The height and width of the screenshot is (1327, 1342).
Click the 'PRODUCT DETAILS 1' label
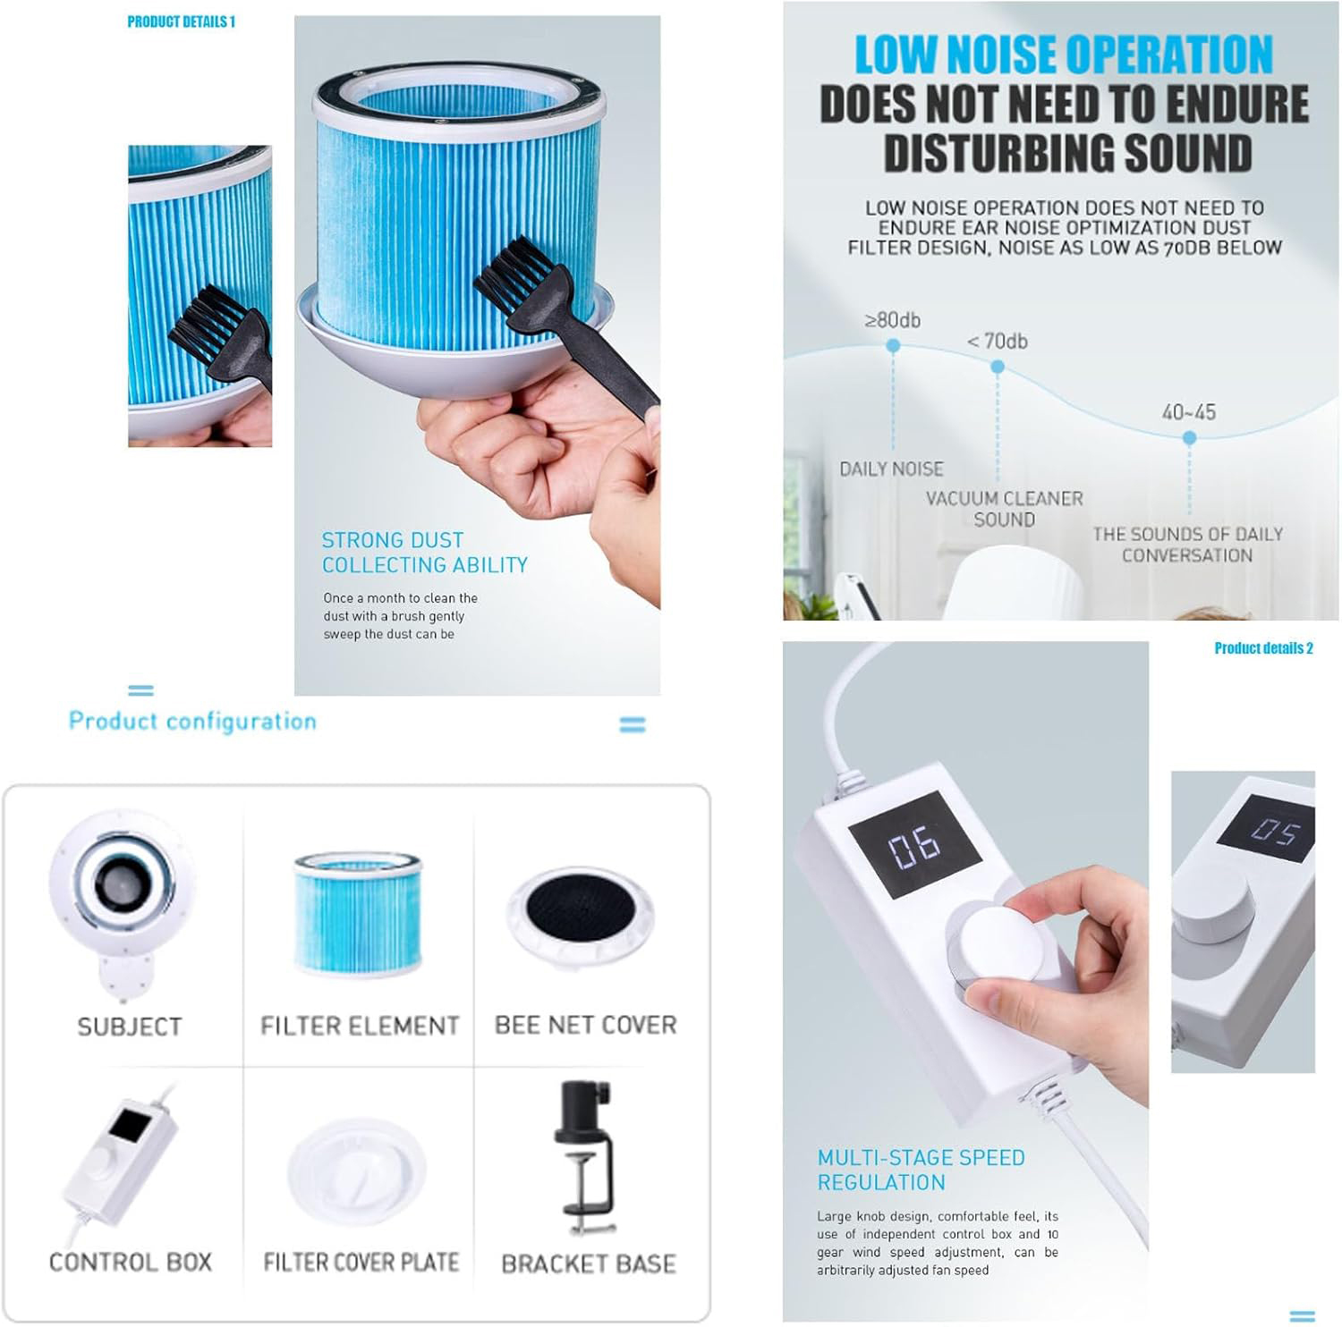tap(181, 21)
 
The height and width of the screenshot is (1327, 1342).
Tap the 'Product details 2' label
tap(1263, 648)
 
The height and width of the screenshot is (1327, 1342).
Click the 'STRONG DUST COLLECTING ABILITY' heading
tap(425, 553)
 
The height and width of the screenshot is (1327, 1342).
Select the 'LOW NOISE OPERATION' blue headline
tap(1064, 55)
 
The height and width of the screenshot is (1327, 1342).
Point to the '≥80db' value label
tap(893, 320)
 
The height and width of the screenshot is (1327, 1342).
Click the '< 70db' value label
tap(998, 342)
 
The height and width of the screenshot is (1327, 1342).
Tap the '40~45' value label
tap(1189, 412)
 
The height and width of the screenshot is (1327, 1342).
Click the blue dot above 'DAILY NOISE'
tap(893, 345)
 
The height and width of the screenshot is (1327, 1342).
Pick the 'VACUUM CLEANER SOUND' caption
tap(1005, 509)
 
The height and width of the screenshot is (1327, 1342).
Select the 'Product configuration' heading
tap(192, 721)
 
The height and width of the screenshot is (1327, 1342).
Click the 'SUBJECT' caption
tap(130, 1027)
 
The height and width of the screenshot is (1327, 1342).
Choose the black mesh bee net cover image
tap(586, 919)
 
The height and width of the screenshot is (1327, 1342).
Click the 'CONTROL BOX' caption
tap(131, 1263)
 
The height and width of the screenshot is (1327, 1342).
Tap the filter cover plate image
tap(357, 1171)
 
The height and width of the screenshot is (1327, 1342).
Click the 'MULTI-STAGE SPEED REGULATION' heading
tap(921, 1170)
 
